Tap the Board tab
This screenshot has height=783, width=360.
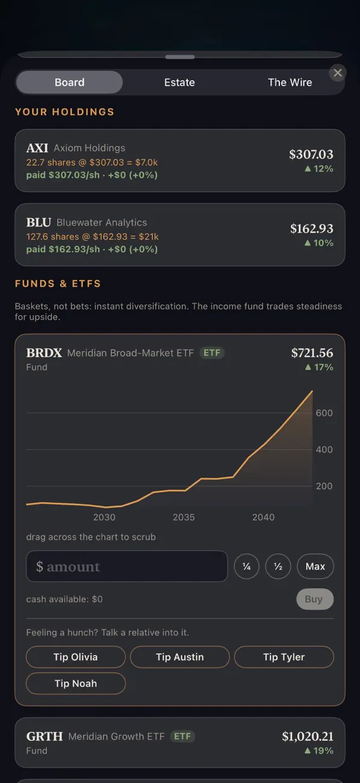(x=69, y=83)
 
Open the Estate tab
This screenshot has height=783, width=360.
(x=179, y=83)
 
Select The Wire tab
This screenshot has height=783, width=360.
(x=290, y=83)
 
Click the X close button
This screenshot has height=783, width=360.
(x=338, y=73)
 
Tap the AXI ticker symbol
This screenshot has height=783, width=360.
(x=37, y=148)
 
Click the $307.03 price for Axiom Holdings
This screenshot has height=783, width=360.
(x=311, y=154)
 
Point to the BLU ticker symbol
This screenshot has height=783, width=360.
(x=39, y=222)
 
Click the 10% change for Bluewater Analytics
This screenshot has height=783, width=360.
(x=318, y=243)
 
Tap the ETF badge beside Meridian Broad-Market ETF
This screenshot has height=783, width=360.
(x=212, y=353)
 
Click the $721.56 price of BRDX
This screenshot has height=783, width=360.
(x=312, y=353)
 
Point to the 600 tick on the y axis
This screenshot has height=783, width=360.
(x=324, y=413)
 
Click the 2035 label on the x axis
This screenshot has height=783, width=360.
(x=184, y=517)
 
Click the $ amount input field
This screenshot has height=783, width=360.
(x=127, y=566)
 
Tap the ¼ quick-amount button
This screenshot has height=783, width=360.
(x=246, y=566)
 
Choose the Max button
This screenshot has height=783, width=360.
(x=315, y=566)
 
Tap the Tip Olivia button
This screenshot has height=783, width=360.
(x=75, y=657)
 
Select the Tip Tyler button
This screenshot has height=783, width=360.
(x=284, y=657)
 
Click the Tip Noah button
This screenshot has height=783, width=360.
(x=75, y=684)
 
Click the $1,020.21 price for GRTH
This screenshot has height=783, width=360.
(x=308, y=737)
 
